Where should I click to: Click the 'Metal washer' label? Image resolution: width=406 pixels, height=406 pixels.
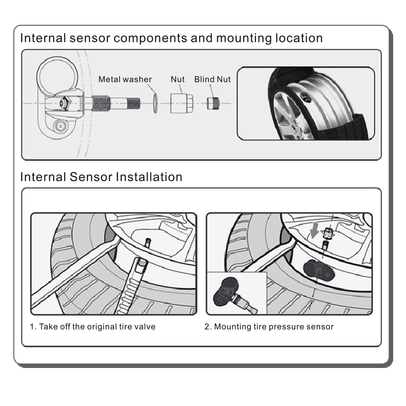(125, 79)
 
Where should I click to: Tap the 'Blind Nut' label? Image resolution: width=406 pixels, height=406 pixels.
(212, 79)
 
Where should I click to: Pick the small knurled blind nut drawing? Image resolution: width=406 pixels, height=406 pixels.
(212, 103)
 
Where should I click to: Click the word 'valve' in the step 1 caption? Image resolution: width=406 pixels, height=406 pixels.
(145, 327)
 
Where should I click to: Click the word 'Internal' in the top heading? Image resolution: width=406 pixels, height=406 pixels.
(44, 38)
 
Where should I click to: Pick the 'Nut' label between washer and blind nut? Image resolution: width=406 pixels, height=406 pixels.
(178, 79)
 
